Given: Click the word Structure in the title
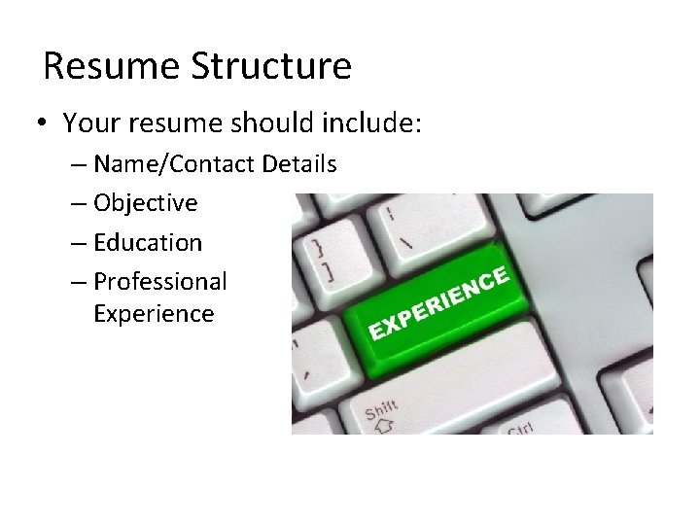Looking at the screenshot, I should click(x=271, y=66).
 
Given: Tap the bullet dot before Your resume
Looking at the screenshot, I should click(x=40, y=124).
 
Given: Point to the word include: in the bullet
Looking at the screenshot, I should click(x=374, y=123).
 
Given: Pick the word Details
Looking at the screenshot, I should click(x=299, y=164).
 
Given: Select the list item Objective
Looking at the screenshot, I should click(x=145, y=203).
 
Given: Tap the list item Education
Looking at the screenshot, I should click(x=148, y=242).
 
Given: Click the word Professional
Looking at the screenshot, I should click(x=160, y=282).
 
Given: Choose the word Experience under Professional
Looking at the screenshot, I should click(x=154, y=314).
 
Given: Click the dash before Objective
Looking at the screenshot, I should click(x=79, y=204).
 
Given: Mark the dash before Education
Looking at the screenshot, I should click(x=79, y=243).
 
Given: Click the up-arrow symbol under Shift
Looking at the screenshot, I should click(x=383, y=425).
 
